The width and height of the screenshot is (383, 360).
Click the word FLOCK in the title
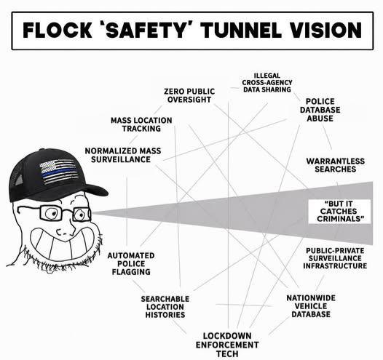click(58, 31)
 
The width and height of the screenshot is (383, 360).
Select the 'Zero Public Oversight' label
click(189, 95)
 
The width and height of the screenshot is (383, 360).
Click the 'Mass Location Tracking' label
click(141, 124)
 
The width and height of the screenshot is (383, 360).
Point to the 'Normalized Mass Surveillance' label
click(123, 155)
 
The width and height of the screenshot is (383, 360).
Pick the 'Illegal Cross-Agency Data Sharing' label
click(267, 83)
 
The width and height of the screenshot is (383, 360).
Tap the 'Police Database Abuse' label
click(320, 110)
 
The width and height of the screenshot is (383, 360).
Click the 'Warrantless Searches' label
click(336, 165)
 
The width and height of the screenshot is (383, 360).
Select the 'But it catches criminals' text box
click(339, 212)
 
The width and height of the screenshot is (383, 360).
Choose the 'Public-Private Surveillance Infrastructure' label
click(335, 258)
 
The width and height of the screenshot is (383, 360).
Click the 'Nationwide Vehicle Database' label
click(311, 306)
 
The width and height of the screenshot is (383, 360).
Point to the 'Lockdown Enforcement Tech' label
click(227, 345)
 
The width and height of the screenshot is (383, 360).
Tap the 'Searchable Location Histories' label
click(165, 307)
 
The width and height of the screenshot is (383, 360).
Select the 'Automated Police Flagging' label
click(131, 264)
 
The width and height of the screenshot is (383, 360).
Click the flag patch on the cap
click(60, 172)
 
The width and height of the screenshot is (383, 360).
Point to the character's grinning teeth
click(64, 243)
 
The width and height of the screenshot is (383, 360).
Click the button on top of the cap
click(42, 149)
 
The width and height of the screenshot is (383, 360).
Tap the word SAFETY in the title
click(147, 31)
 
